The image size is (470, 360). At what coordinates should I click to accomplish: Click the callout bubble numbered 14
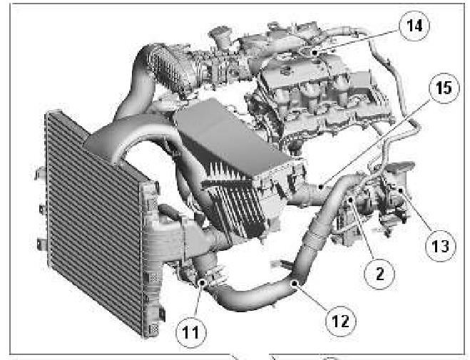pyautogui.click(x=414, y=26)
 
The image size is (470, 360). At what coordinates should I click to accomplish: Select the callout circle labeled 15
pyautogui.click(x=444, y=88)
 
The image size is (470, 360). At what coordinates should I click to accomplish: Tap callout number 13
pyautogui.click(x=441, y=246)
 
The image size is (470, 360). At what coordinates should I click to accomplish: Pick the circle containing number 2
pyautogui.click(x=379, y=274)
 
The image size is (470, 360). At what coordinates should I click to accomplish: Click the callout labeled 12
pyautogui.click(x=341, y=321)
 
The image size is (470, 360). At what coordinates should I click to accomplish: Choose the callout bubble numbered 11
pyautogui.click(x=191, y=332)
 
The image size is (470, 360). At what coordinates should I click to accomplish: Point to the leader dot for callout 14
pyautogui.click(x=314, y=53)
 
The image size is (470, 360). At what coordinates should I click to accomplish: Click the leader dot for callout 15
pyautogui.click(x=321, y=187)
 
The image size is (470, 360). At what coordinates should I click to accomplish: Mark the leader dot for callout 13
pyautogui.click(x=400, y=190)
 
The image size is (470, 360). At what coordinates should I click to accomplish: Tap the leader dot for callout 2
pyautogui.click(x=351, y=200)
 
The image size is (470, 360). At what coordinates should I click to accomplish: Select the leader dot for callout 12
pyautogui.click(x=295, y=283)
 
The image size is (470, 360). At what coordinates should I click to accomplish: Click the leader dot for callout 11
pyautogui.click(x=203, y=282)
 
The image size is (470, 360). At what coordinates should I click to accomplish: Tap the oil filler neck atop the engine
pyautogui.click(x=221, y=38)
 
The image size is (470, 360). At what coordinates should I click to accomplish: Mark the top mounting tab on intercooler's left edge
pyautogui.click(x=40, y=173)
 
